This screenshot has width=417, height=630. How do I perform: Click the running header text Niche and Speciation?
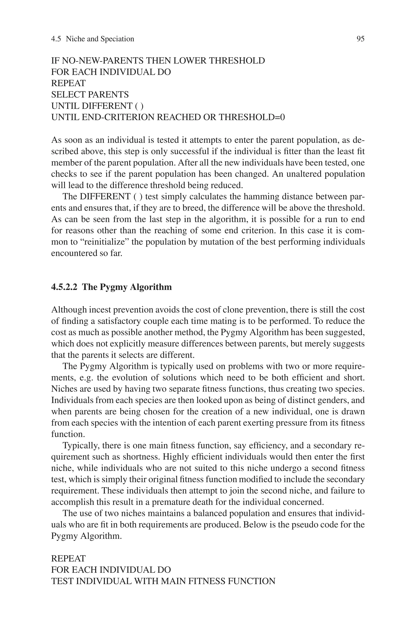coord(100,39)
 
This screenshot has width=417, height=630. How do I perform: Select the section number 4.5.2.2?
coord(64,287)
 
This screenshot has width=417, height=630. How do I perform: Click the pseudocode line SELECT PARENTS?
coord(90,95)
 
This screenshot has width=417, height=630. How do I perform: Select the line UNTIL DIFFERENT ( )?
coord(97,106)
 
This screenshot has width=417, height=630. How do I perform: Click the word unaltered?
coord(306,174)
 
